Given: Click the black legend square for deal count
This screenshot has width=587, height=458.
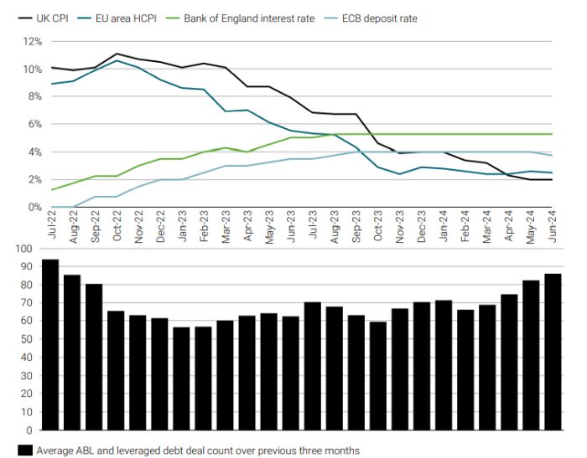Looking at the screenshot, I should (25, 450).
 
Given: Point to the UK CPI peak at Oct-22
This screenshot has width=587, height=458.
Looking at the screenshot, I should (116, 54).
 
